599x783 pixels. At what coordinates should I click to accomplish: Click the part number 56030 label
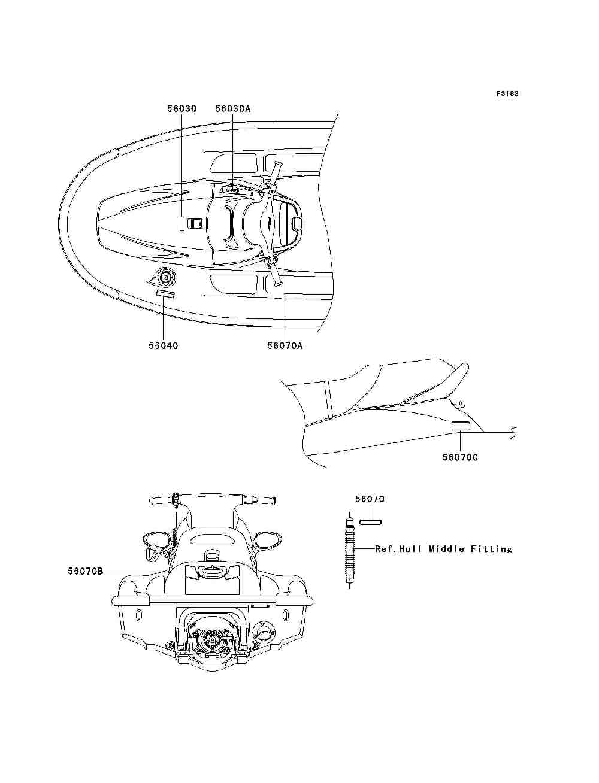(x=181, y=108)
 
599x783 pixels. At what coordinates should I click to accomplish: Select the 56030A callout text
(x=232, y=108)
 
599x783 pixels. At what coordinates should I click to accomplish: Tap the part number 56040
(x=163, y=345)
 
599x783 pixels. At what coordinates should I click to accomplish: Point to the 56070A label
(x=285, y=345)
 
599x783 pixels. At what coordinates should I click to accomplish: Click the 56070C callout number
(x=460, y=457)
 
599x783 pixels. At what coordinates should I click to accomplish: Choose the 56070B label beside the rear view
(x=85, y=572)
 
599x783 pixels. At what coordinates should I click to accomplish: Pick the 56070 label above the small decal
(x=369, y=499)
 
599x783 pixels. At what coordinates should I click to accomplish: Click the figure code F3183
(x=507, y=93)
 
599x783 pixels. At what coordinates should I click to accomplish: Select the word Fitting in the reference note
(x=492, y=548)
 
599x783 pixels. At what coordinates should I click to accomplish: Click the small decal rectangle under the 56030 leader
(x=181, y=223)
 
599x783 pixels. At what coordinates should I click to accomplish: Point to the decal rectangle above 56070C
(x=460, y=426)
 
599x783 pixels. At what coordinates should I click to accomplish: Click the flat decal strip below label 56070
(x=370, y=521)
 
